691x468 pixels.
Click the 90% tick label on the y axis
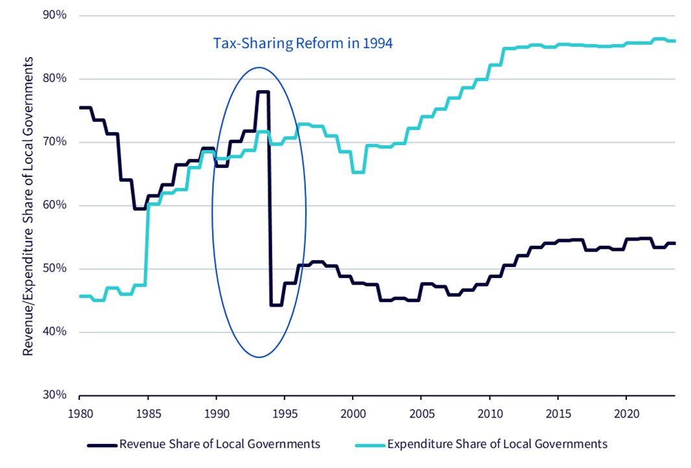tap(54, 15)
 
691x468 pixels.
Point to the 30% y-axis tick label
tap(54, 394)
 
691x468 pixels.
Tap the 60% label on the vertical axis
tap(54, 205)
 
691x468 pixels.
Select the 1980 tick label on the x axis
tap(80, 414)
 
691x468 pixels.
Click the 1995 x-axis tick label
tap(285, 414)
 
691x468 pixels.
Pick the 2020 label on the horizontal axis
tap(626, 414)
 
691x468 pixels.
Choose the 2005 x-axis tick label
tap(421, 414)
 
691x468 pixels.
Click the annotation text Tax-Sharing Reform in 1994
tap(303, 43)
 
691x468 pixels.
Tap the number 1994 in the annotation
tap(378, 43)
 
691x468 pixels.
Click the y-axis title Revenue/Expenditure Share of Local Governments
tap(28, 205)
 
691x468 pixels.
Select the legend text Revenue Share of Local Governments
tap(220, 444)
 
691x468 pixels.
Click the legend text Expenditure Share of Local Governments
tap(497, 444)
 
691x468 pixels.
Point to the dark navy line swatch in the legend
tap(102, 445)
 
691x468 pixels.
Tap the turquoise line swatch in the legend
tap(370, 445)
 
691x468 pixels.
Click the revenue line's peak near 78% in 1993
tap(263, 91)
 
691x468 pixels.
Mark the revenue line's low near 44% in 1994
tap(276, 305)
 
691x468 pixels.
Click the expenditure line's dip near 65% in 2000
tap(358, 172)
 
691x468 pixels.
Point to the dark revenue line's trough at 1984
tap(140, 209)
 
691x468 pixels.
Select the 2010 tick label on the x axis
tap(489, 414)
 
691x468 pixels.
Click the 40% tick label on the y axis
tap(54, 331)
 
